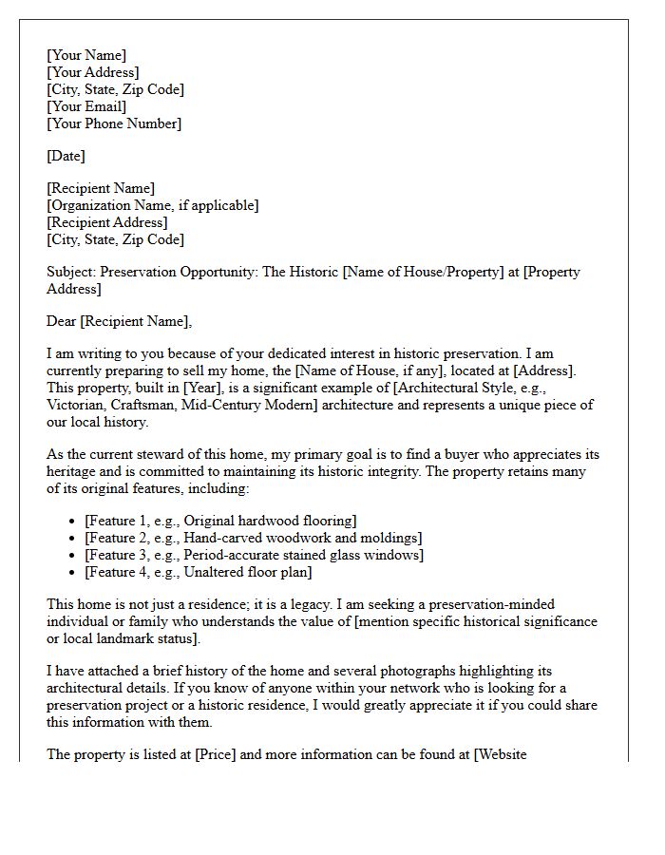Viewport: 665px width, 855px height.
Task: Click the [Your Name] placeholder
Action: tap(86, 55)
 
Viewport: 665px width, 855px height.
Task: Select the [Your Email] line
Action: tap(86, 106)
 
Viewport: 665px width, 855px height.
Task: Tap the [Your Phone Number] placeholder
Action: tap(114, 123)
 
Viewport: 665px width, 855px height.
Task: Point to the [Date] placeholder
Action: tap(66, 156)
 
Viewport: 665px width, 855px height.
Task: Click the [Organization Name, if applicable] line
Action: tap(153, 205)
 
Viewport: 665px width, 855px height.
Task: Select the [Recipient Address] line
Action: tap(107, 222)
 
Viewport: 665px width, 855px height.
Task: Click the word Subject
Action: tap(71, 272)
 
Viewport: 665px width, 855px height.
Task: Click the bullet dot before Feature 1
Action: tap(73, 521)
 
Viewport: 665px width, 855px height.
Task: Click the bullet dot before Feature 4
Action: tap(73, 572)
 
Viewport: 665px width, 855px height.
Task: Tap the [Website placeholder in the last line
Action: tap(501, 754)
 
